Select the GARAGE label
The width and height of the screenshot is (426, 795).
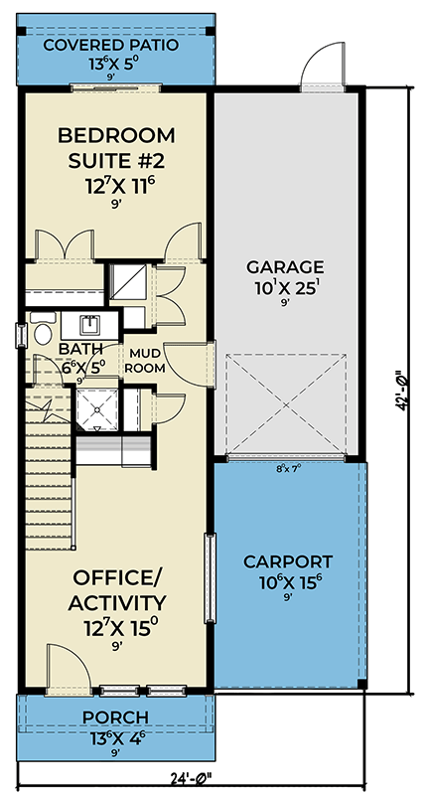point(286,266)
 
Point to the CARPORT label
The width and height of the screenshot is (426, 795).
point(288,560)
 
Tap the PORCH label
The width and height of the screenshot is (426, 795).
point(116,717)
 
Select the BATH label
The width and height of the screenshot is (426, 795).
point(77,349)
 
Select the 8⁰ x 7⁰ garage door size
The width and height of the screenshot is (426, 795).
point(288,468)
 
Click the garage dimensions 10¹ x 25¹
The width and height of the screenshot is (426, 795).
point(286,287)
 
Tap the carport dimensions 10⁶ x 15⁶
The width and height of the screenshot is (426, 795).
point(288,582)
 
